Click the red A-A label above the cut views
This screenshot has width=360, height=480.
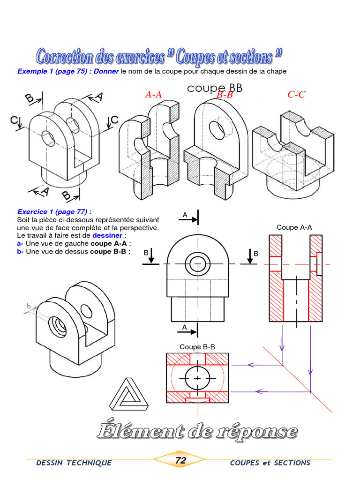click(x=153, y=95)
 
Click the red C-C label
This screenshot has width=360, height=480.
click(x=296, y=95)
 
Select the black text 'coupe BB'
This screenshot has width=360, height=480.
click(x=215, y=88)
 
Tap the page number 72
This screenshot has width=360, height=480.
click(x=180, y=461)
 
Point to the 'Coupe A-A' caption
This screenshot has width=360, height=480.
click(x=294, y=227)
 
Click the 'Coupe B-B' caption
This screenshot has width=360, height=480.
click(x=197, y=347)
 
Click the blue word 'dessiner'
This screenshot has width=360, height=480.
click(x=107, y=235)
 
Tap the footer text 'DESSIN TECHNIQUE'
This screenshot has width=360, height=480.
click(x=74, y=463)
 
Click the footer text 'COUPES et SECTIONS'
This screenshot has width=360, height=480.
click(x=270, y=463)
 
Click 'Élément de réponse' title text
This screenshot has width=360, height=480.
click(x=197, y=431)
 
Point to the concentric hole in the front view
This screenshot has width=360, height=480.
click(x=197, y=263)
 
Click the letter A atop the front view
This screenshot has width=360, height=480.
click(x=185, y=215)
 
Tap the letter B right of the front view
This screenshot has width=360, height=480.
click(x=256, y=253)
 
